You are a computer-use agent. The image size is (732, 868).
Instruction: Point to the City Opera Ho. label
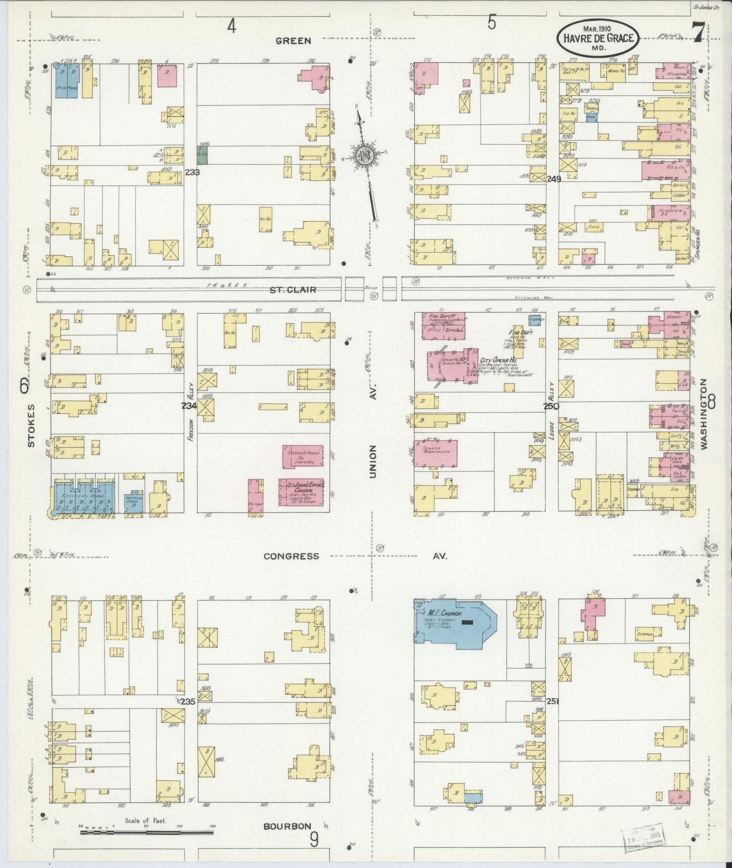[x=499, y=362]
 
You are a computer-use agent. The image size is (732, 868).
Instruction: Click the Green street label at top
[x=293, y=41]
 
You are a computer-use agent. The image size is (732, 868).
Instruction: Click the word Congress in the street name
[x=291, y=556]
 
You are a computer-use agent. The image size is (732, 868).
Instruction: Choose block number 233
[x=192, y=172]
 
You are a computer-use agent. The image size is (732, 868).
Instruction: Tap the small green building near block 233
[x=202, y=155]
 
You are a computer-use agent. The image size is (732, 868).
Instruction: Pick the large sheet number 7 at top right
[x=698, y=35]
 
